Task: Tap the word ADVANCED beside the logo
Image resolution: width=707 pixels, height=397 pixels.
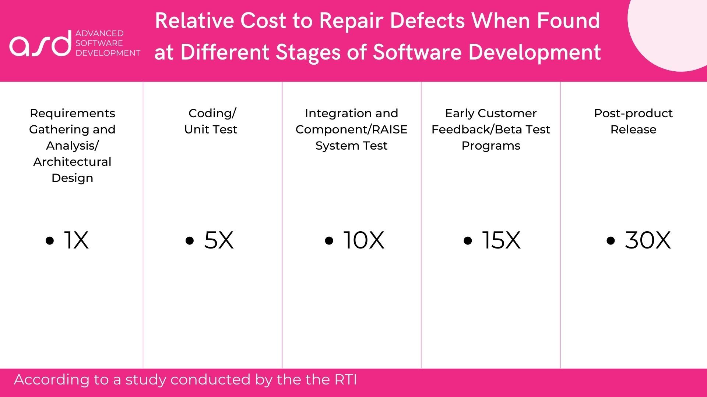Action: (99, 33)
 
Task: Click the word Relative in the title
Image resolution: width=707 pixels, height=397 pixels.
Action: (194, 21)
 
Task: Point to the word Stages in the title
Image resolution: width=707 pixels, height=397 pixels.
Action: (309, 52)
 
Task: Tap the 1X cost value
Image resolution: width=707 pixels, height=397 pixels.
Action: (76, 240)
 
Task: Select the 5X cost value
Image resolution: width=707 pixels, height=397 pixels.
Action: (219, 240)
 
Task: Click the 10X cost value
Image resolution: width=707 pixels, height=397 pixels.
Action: (364, 240)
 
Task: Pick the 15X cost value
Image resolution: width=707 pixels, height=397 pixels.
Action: (501, 240)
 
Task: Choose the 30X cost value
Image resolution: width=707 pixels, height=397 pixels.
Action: (648, 240)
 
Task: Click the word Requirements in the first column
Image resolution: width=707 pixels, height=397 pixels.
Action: (73, 114)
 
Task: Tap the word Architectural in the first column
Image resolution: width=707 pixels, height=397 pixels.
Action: (72, 162)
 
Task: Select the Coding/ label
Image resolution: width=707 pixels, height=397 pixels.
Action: (212, 114)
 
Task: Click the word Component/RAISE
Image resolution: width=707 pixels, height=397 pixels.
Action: (351, 130)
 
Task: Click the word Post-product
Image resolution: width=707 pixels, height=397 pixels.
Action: (633, 114)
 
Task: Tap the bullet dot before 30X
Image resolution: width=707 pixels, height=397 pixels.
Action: (611, 241)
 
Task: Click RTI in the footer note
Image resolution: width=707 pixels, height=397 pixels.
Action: (346, 380)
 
